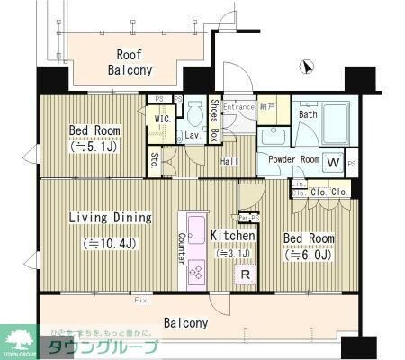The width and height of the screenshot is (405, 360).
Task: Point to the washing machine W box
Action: (333, 164)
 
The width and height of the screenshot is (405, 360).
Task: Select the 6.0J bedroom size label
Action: (309, 256)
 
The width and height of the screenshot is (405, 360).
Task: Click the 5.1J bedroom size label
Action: (94, 148)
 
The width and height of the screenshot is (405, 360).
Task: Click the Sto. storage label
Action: (155, 160)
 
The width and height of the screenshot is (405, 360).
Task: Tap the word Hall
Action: (229, 161)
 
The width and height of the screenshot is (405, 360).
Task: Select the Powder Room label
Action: (288, 159)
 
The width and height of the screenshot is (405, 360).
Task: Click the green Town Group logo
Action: (19, 340)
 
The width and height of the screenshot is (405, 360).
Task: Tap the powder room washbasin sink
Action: (272, 137)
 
